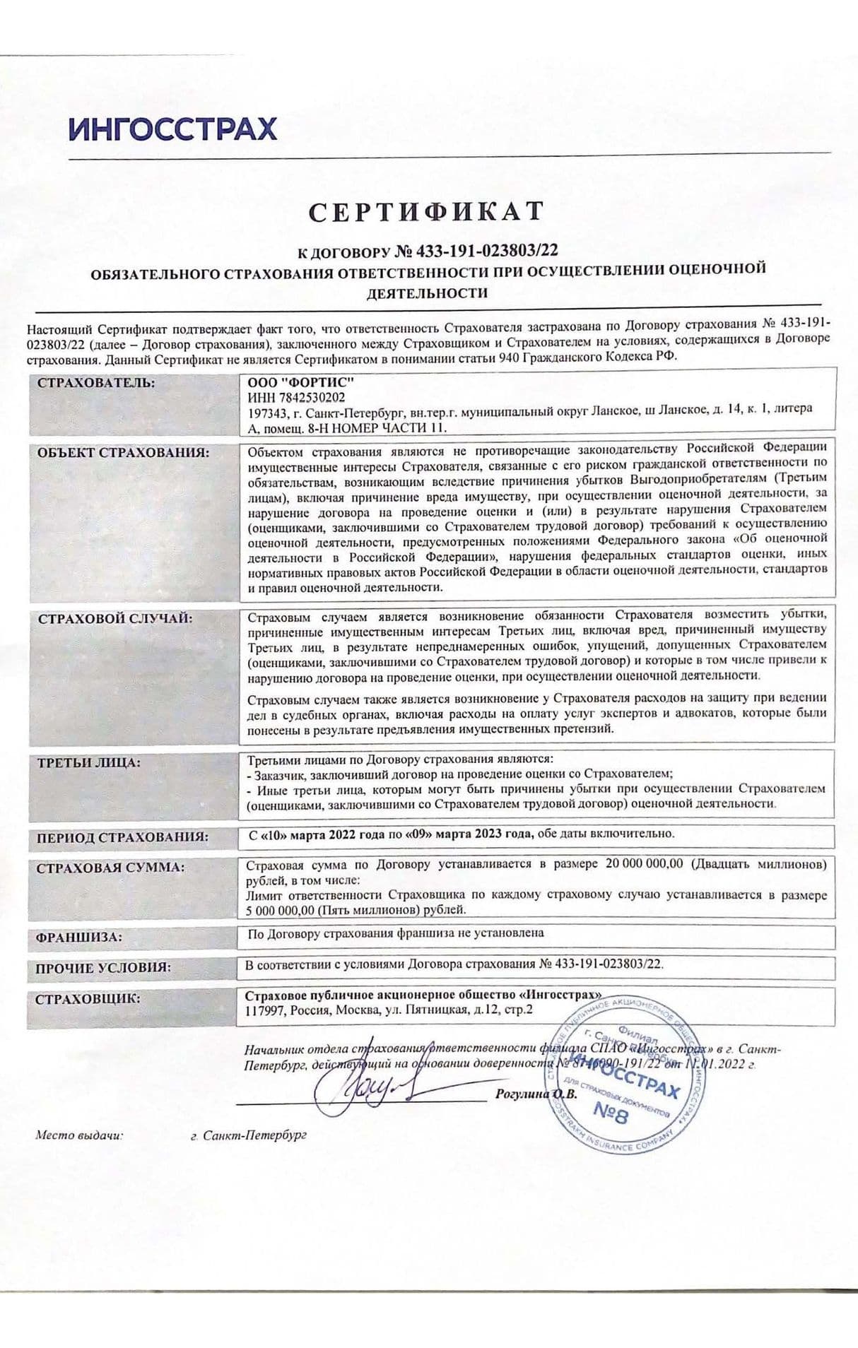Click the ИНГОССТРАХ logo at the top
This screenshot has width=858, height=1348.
point(173,129)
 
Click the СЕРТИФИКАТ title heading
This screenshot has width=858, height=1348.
point(427,211)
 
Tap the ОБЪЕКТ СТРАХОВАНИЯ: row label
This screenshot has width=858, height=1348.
point(123,453)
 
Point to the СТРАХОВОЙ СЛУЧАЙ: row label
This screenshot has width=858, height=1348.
point(115,618)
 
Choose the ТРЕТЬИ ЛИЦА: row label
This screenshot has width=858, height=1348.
point(89,762)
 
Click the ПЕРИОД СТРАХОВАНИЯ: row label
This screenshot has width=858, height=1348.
point(123,837)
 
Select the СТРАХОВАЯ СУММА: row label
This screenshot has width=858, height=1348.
point(110,867)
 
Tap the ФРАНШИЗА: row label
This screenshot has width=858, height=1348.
point(79,938)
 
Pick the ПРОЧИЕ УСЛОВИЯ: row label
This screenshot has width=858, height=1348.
point(103,968)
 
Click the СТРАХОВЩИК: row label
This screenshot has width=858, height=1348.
point(88,998)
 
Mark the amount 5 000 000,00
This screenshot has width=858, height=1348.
point(281,910)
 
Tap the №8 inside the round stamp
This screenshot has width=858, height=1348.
point(611,1115)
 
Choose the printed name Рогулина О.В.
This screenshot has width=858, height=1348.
point(536,1094)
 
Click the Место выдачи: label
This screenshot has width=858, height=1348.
point(79,1135)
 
